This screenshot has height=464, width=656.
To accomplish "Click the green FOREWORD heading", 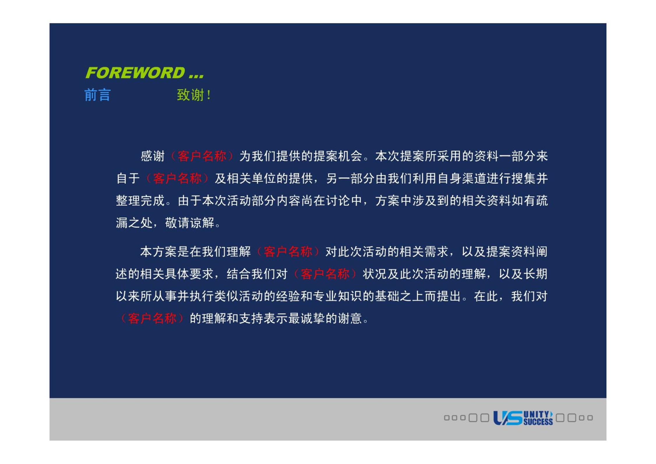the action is pyautogui.click(x=144, y=72).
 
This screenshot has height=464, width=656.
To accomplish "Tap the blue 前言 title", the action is pyautogui.click(x=97, y=95).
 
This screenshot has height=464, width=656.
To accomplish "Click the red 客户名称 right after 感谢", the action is pyautogui.click(x=202, y=156).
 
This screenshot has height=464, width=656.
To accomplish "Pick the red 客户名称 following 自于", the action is pyautogui.click(x=177, y=178).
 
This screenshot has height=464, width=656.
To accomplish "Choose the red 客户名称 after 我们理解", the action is pyautogui.click(x=288, y=252).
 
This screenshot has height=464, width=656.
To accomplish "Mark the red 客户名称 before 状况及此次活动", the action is pyautogui.click(x=325, y=274).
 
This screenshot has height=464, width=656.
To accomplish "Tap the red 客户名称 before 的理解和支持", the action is pyautogui.click(x=152, y=318).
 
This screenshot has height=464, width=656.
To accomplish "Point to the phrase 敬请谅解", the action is pyautogui.click(x=190, y=223).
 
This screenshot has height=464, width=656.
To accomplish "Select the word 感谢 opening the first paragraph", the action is pyautogui.click(x=152, y=156).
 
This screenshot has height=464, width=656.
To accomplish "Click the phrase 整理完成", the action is pyautogui.click(x=140, y=201).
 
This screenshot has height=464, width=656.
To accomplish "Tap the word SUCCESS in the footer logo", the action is pyautogui.click(x=538, y=422).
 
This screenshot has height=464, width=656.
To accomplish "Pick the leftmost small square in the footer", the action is pyautogui.click(x=447, y=418).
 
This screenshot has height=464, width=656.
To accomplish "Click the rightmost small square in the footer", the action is pyautogui.click(x=590, y=418).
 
